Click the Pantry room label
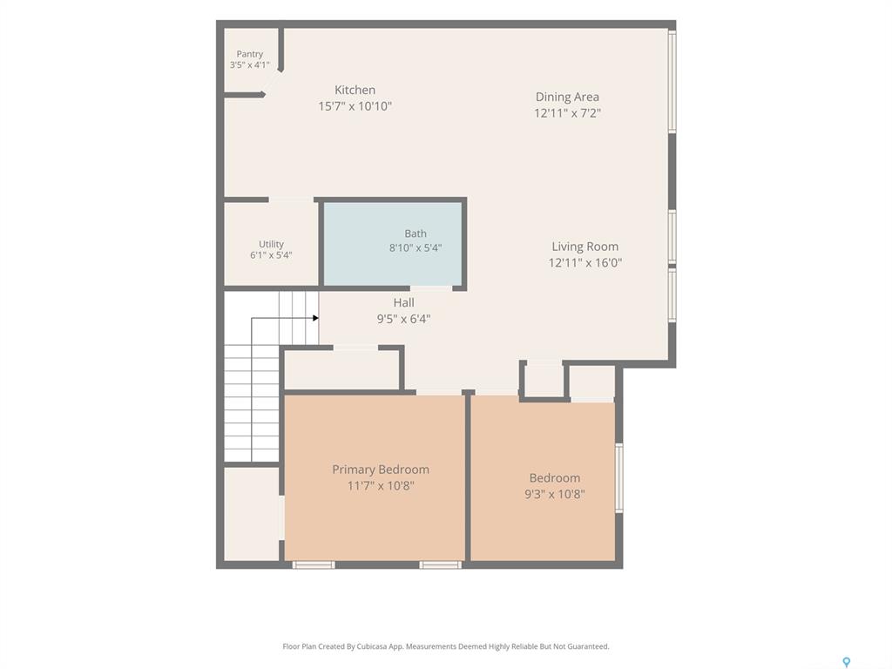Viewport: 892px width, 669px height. coord(250,54)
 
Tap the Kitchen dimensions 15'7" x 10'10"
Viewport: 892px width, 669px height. coord(355,105)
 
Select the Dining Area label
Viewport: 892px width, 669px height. coord(567,97)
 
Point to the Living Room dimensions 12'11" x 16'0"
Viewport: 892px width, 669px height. coord(585,262)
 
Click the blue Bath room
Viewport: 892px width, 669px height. coord(393,244)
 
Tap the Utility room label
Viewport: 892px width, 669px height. coord(271,244)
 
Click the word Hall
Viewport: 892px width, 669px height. coord(404,302)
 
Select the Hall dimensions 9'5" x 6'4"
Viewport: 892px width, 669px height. coord(403,319)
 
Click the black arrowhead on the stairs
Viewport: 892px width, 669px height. coord(315,318)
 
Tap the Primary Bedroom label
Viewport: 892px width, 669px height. coord(381,470)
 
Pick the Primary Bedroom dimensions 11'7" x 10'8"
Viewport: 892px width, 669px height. coord(381,485)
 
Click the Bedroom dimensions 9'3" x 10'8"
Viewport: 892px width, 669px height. coord(555,494)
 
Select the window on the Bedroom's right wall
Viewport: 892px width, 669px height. coord(619,478)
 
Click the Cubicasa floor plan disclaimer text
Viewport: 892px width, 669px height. coord(445,646)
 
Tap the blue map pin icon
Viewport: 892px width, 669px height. coord(847,662)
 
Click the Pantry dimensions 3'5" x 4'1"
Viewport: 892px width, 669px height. coord(250,64)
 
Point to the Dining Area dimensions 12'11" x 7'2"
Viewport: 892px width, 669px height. coord(567,112)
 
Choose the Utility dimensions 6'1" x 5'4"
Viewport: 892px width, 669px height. coord(271,255)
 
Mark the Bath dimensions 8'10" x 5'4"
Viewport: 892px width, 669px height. coord(416,247)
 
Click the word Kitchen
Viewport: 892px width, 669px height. coord(355,90)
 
